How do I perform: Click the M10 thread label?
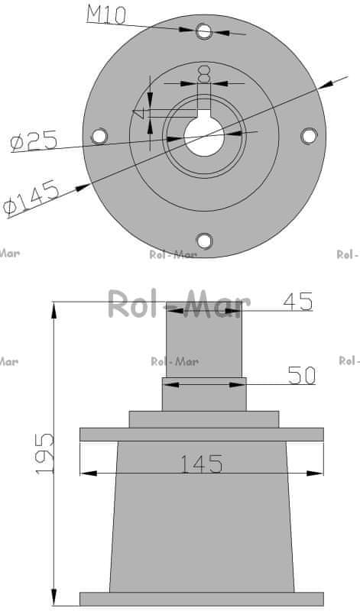click(106, 15)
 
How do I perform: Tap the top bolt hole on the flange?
click(204, 31)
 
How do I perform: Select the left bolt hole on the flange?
click(99, 136)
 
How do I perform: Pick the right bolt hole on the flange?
click(309, 136)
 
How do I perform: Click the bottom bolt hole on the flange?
click(204, 241)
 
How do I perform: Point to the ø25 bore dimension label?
click(34, 141)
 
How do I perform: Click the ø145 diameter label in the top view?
click(31, 198)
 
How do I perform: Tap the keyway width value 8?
click(204, 74)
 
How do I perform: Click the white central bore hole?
click(204, 137)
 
